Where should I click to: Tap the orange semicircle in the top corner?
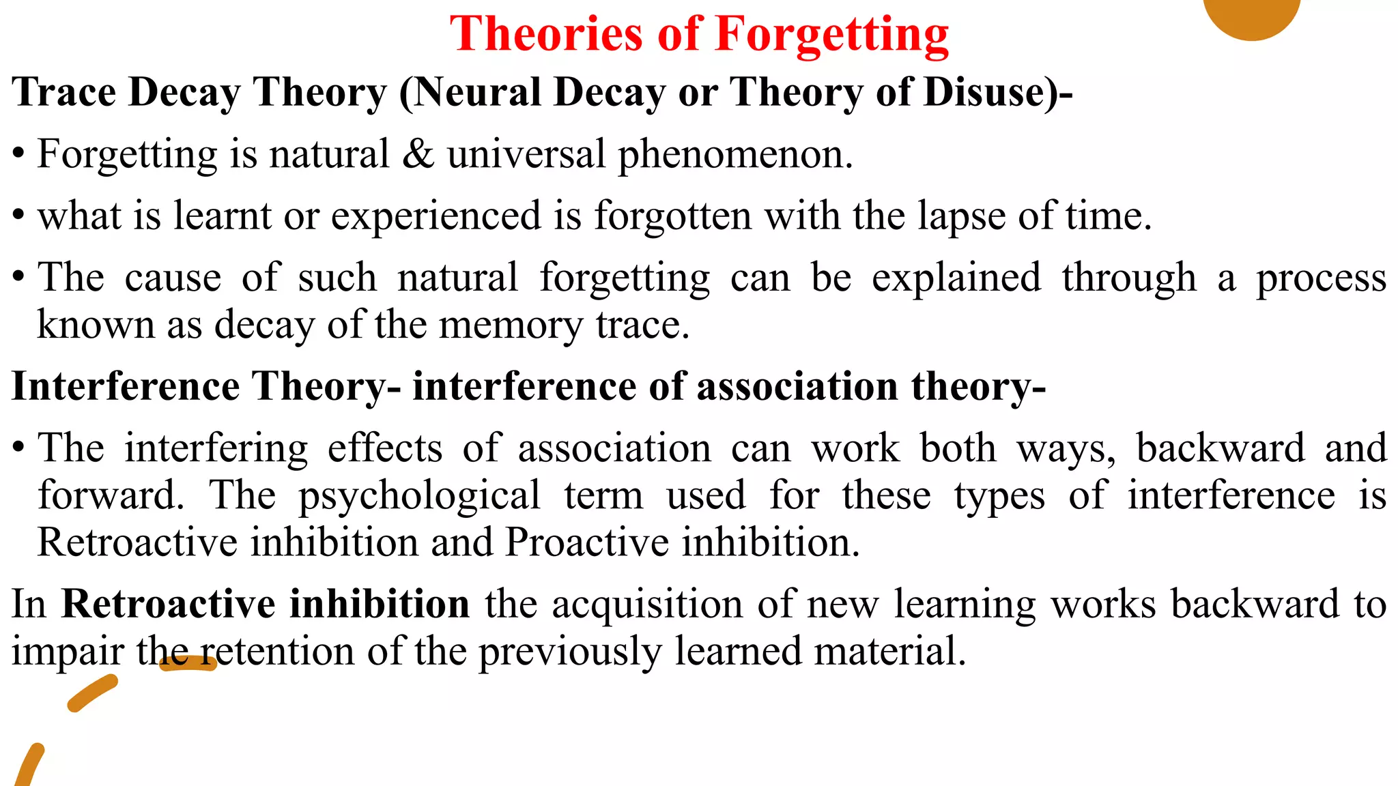(1251, 15)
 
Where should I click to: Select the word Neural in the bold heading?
(476, 92)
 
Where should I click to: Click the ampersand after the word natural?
(418, 154)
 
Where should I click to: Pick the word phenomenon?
(734, 155)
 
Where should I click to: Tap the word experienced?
(436, 216)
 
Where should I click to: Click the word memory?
(511, 324)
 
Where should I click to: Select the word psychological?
(419, 495)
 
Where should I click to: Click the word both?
(958, 448)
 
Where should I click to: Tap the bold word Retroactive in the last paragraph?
(174, 604)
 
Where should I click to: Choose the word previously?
(570, 652)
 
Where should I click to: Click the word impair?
(68, 652)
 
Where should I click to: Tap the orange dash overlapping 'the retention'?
(188, 663)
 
